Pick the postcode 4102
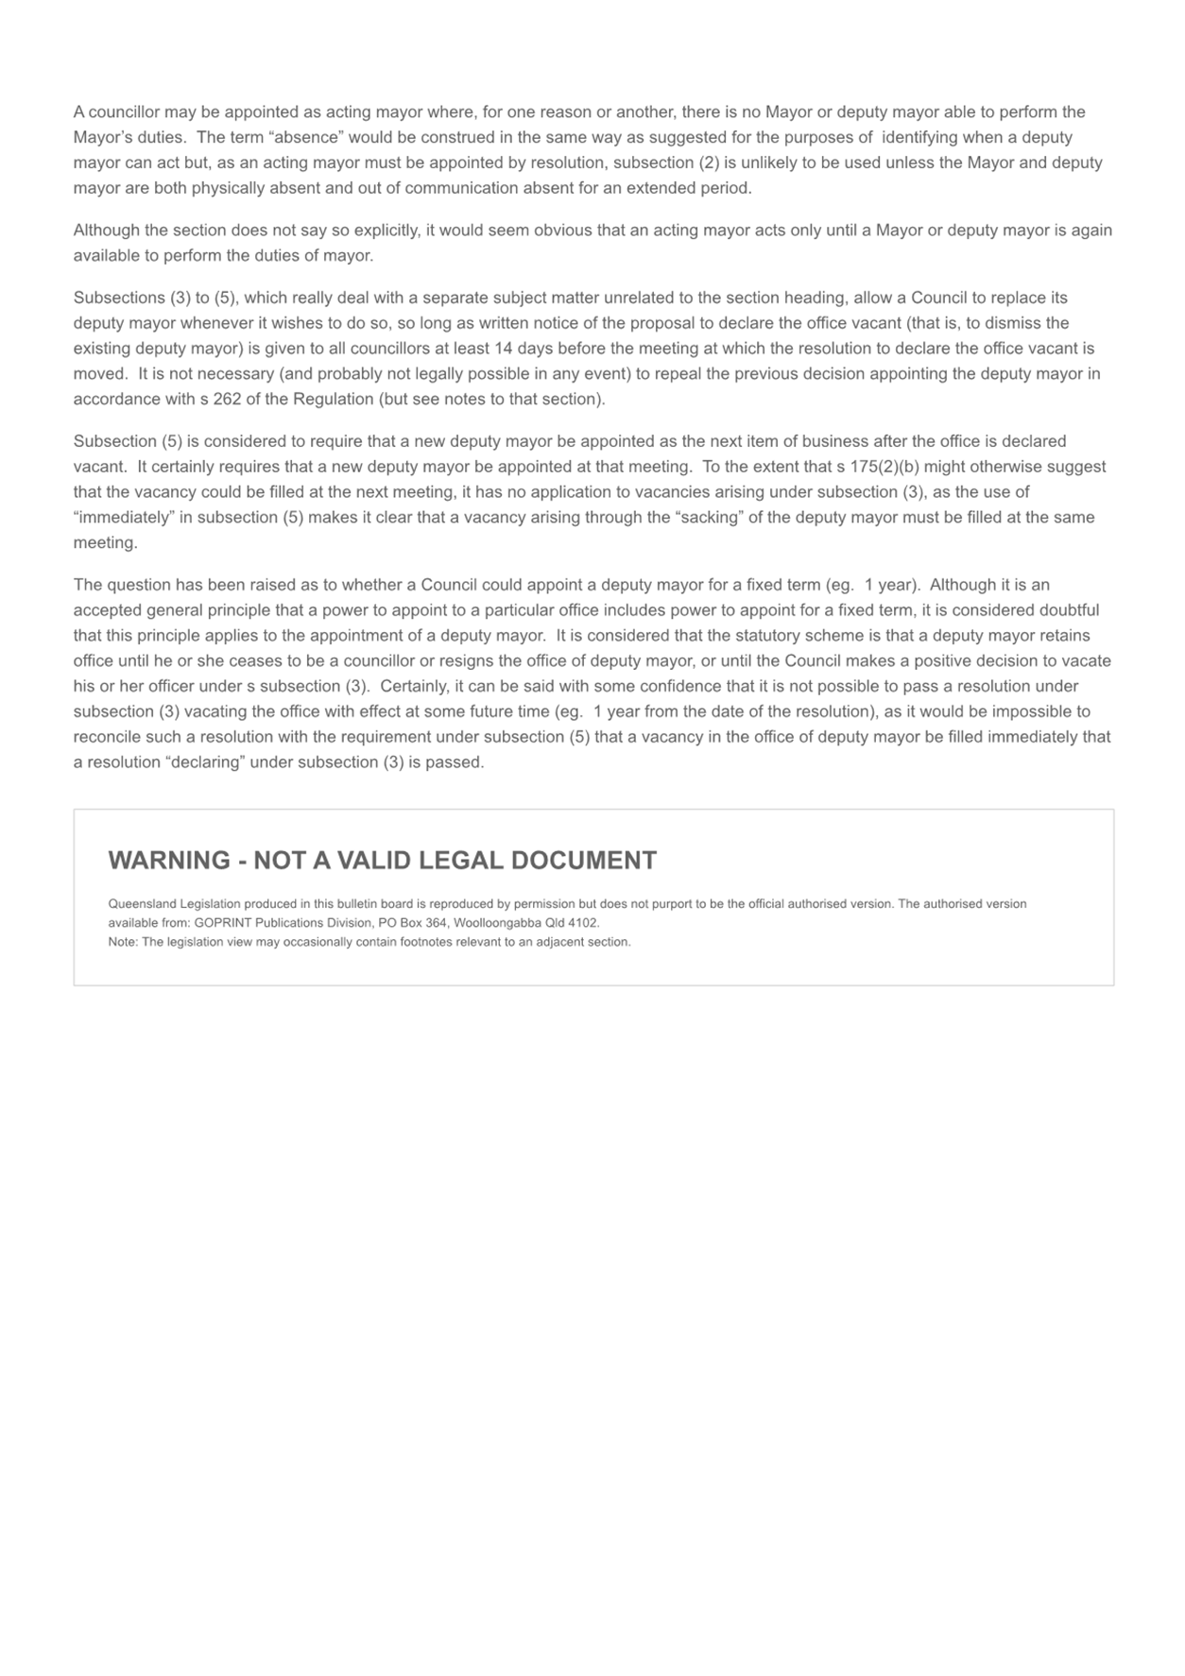(x=581, y=923)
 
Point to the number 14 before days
(x=503, y=349)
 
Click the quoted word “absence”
(x=306, y=138)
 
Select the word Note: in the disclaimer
(x=123, y=942)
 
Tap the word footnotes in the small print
(x=387, y=942)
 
